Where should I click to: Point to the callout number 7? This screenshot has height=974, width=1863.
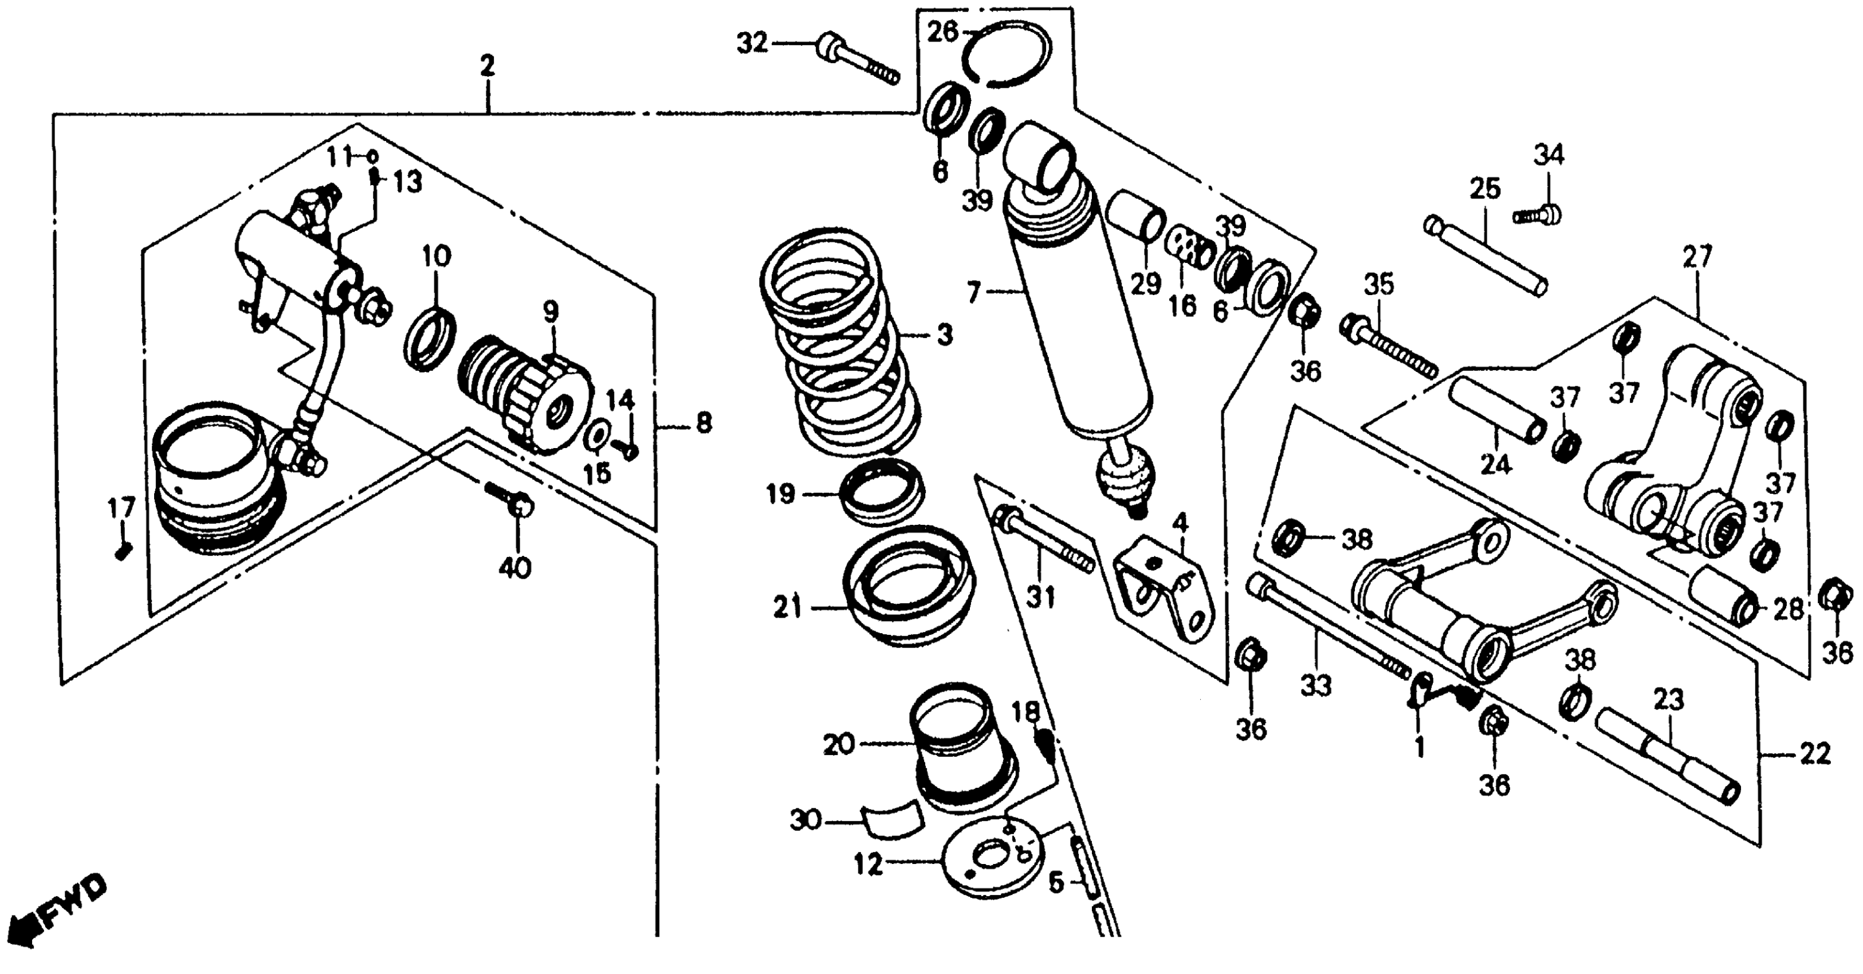(973, 293)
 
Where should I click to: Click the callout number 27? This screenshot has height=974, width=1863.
(1697, 256)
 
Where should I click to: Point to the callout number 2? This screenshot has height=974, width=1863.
(488, 66)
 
